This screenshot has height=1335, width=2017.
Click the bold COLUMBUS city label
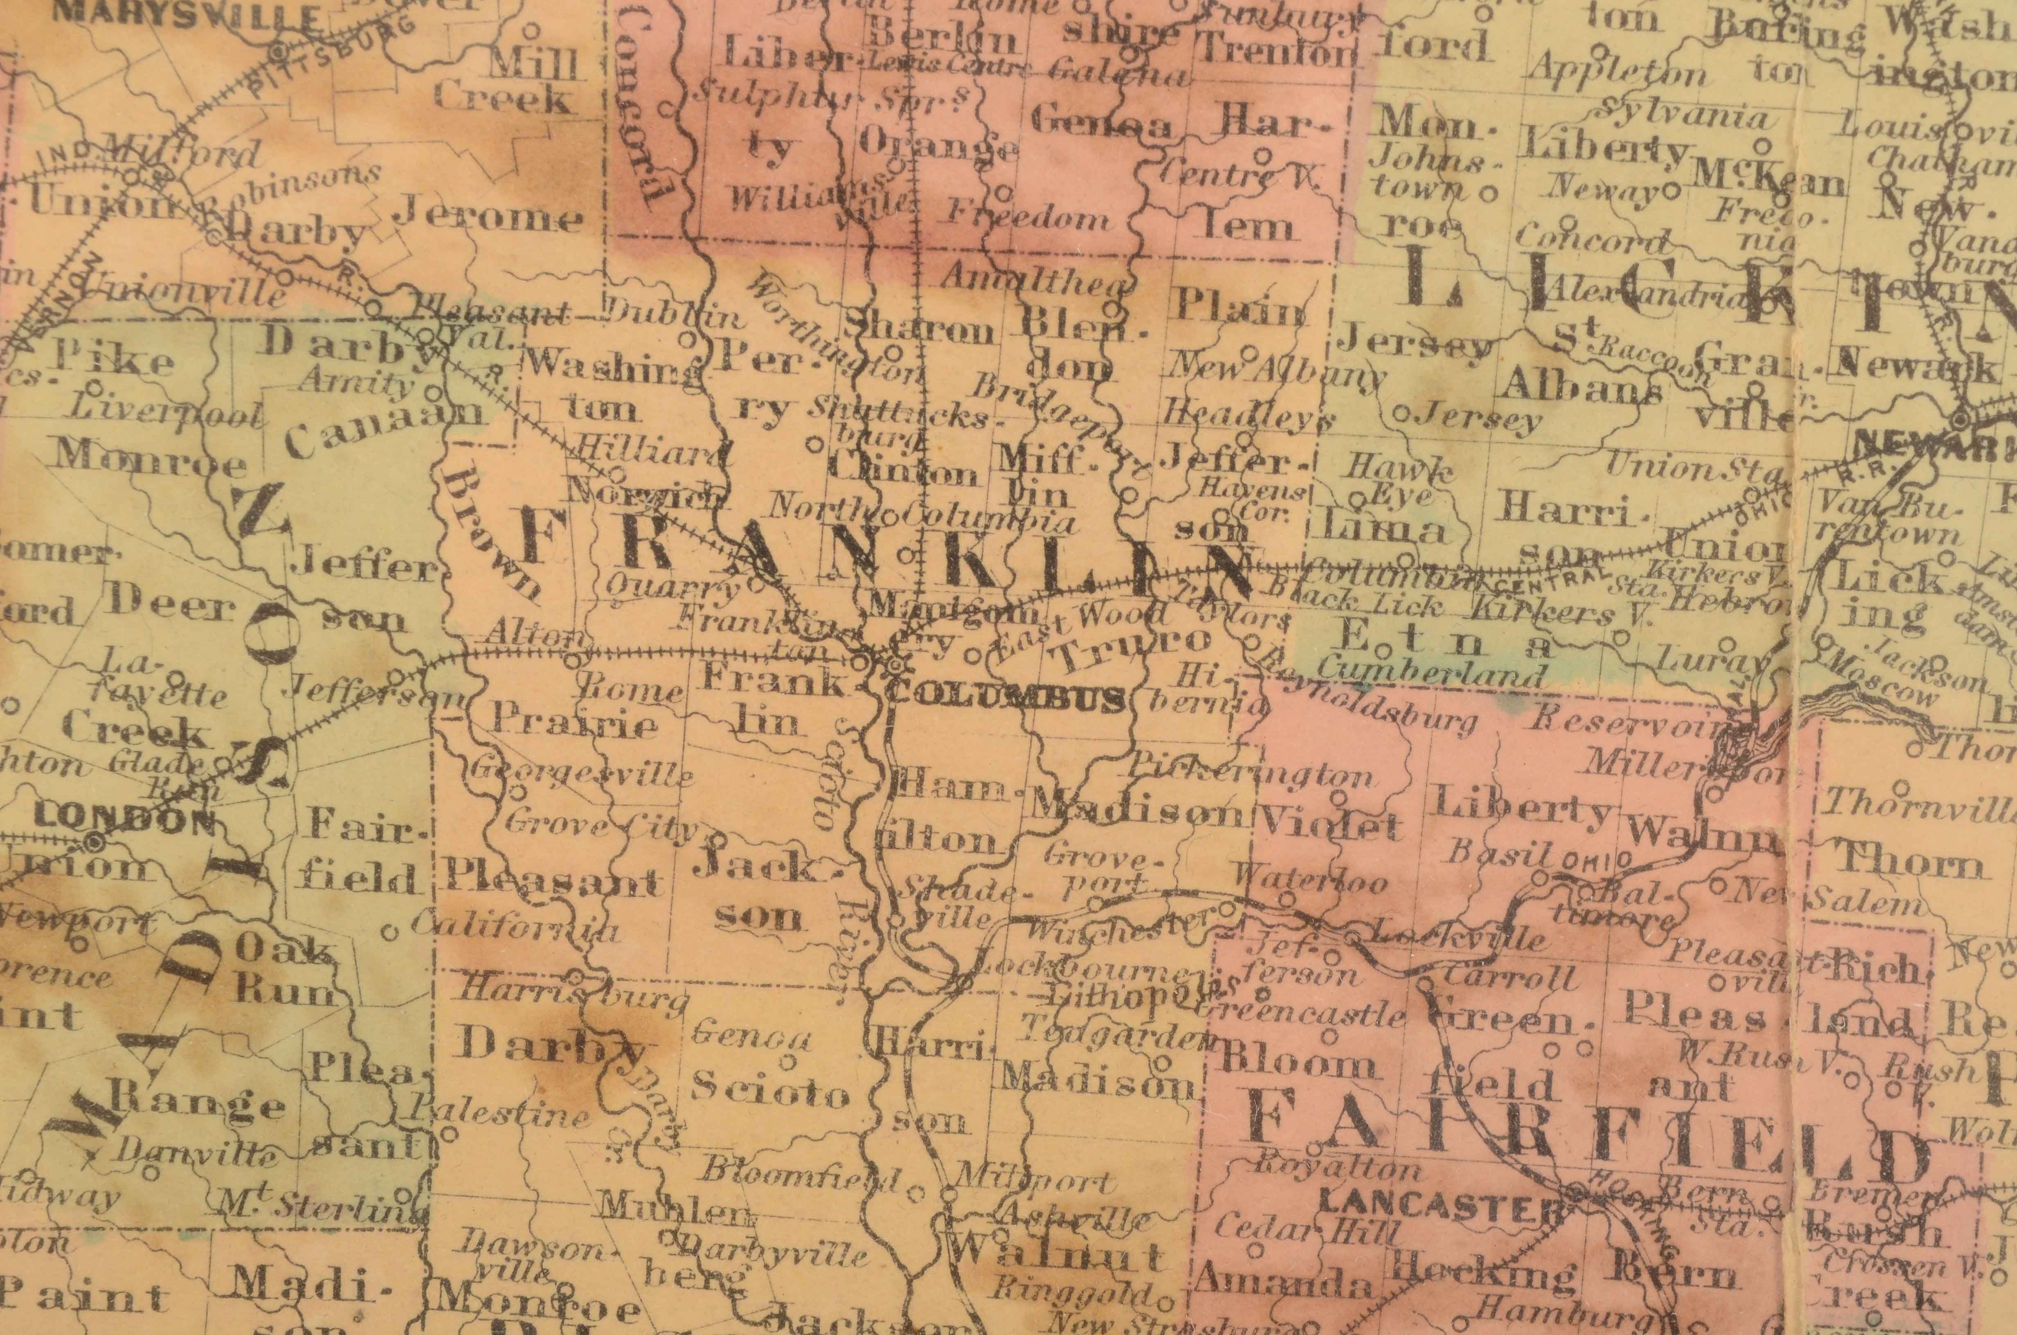coord(1005,700)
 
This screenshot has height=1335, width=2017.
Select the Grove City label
coord(600,824)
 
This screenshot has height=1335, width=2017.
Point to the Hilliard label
coord(652,451)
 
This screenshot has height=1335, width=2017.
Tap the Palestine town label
coord(498,1111)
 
